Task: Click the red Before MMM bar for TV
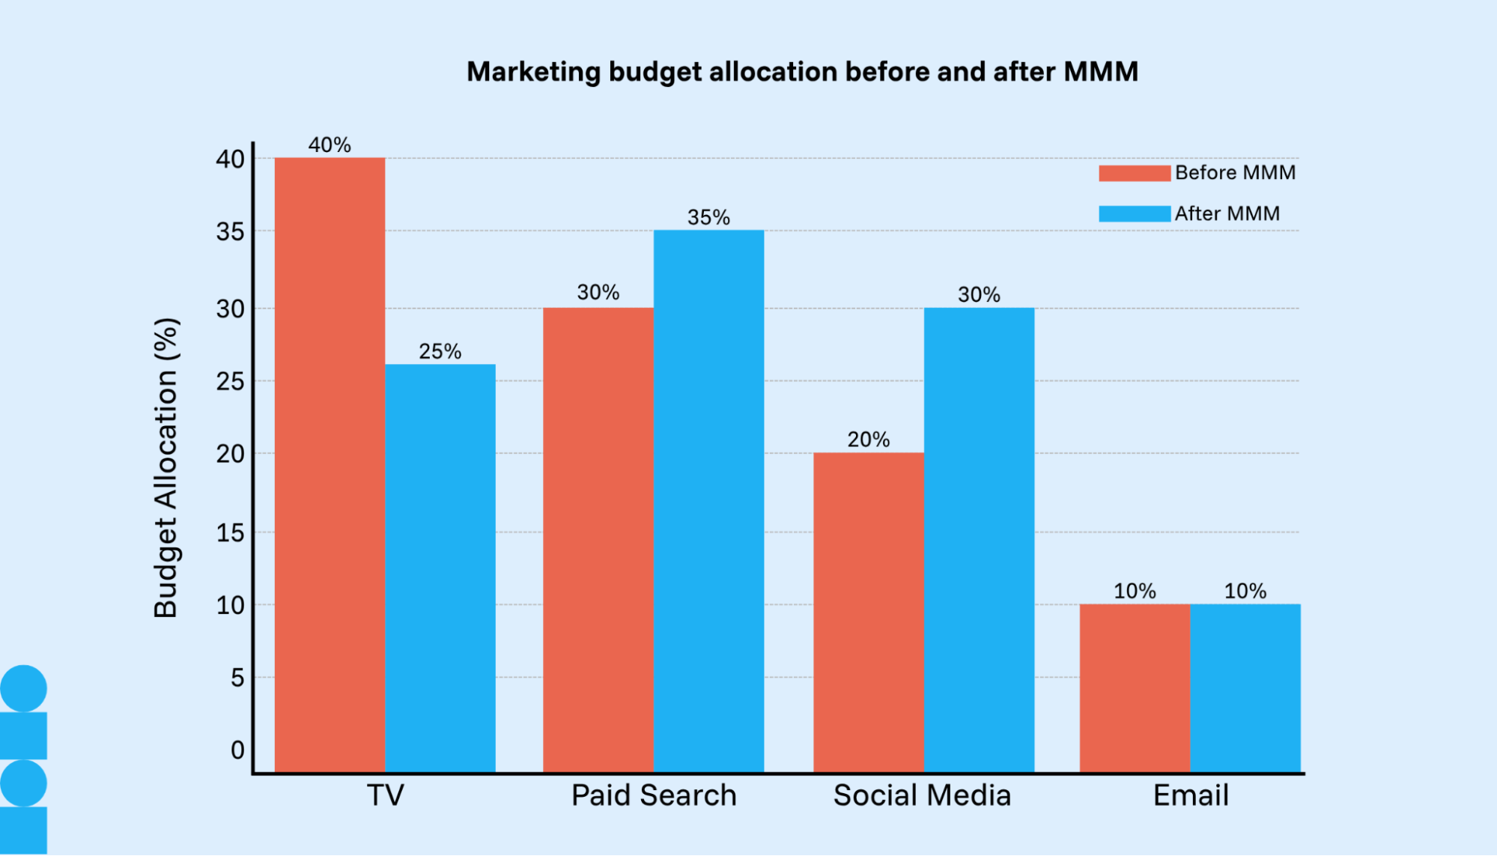tap(330, 464)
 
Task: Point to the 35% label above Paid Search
tap(708, 217)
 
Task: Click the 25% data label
tap(440, 351)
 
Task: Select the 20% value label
tap(868, 440)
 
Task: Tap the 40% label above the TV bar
tap(330, 145)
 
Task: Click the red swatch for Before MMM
tap(1134, 173)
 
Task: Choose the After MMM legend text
tap(1227, 213)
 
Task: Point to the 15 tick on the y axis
tap(230, 532)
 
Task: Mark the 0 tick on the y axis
tap(237, 750)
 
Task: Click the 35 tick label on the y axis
tap(230, 231)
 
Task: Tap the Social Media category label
tap(922, 795)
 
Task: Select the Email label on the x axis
tap(1191, 795)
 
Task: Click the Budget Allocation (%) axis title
tap(166, 467)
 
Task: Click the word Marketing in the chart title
tap(533, 72)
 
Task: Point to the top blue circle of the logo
tap(24, 687)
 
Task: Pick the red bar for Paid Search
tap(598, 539)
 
